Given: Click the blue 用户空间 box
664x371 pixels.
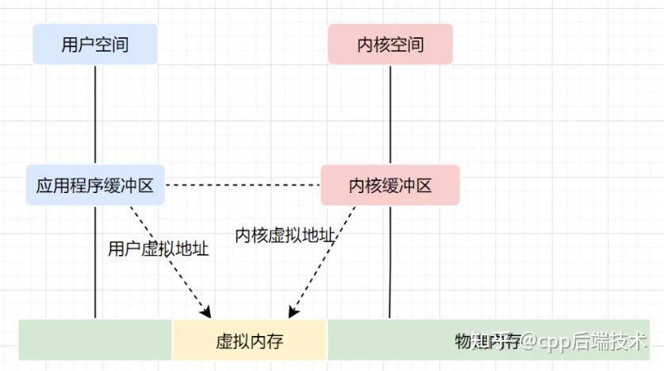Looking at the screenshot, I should click(x=94, y=44).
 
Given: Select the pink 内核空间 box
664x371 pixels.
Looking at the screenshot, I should click(x=390, y=44).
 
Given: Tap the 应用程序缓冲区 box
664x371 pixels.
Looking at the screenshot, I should click(x=94, y=185).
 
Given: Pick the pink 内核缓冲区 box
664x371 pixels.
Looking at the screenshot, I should click(x=390, y=185).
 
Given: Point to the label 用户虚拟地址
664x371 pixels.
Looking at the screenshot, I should click(x=158, y=249).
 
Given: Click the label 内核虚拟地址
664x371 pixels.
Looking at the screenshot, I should click(x=286, y=235).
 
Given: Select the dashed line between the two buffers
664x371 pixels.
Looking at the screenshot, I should click(x=242, y=184).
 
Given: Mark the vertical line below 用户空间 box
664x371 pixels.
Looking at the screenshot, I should click(x=95, y=115).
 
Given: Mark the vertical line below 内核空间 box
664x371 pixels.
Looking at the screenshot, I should click(x=390, y=115).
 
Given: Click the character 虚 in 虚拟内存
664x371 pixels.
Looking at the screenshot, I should click(x=225, y=342).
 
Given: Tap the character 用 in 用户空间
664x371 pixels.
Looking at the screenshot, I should click(x=70, y=44).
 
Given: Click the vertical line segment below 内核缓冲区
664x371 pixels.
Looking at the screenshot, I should click(x=390, y=262).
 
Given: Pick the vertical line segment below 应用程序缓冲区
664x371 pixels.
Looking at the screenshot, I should click(x=95, y=262).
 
